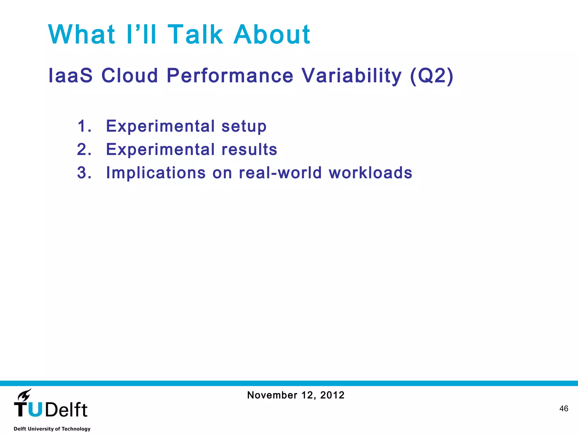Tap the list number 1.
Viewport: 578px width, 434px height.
tap(84, 126)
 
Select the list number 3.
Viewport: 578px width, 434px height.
tap(84, 173)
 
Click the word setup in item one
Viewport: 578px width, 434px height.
tap(244, 126)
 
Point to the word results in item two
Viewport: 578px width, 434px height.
tap(249, 149)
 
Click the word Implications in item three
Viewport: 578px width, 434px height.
tap(156, 173)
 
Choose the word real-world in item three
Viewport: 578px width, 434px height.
tap(280, 173)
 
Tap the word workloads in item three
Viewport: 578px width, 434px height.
tap(370, 173)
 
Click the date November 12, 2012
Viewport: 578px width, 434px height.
tap(295, 395)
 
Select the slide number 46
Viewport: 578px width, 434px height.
tap(564, 409)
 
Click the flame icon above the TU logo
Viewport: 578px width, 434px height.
tap(25, 394)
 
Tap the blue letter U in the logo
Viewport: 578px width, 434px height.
tap(35, 410)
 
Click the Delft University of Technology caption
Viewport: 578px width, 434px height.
tap(52, 429)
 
